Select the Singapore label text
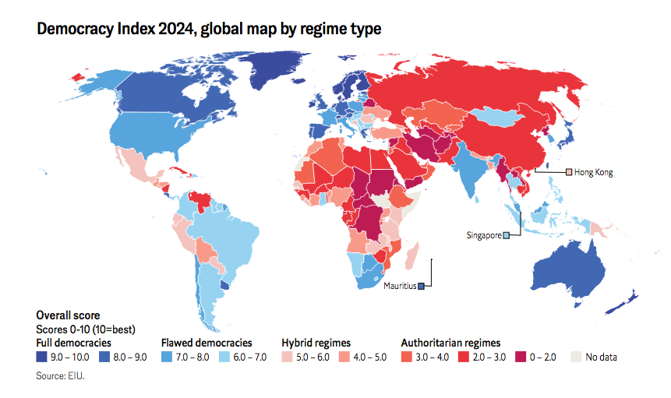[x=483, y=235]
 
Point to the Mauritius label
[x=399, y=286]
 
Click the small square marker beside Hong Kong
[x=569, y=172]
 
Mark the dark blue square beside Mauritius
[x=421, y=286]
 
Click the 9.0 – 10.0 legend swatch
[x=41, y=357]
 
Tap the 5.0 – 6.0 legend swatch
[x=287, y=357]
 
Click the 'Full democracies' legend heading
[x=73, y=343]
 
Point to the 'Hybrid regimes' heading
[x=316, y=343]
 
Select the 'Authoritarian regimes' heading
[x=450, y=343]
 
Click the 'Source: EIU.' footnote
[x=60, y=375]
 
